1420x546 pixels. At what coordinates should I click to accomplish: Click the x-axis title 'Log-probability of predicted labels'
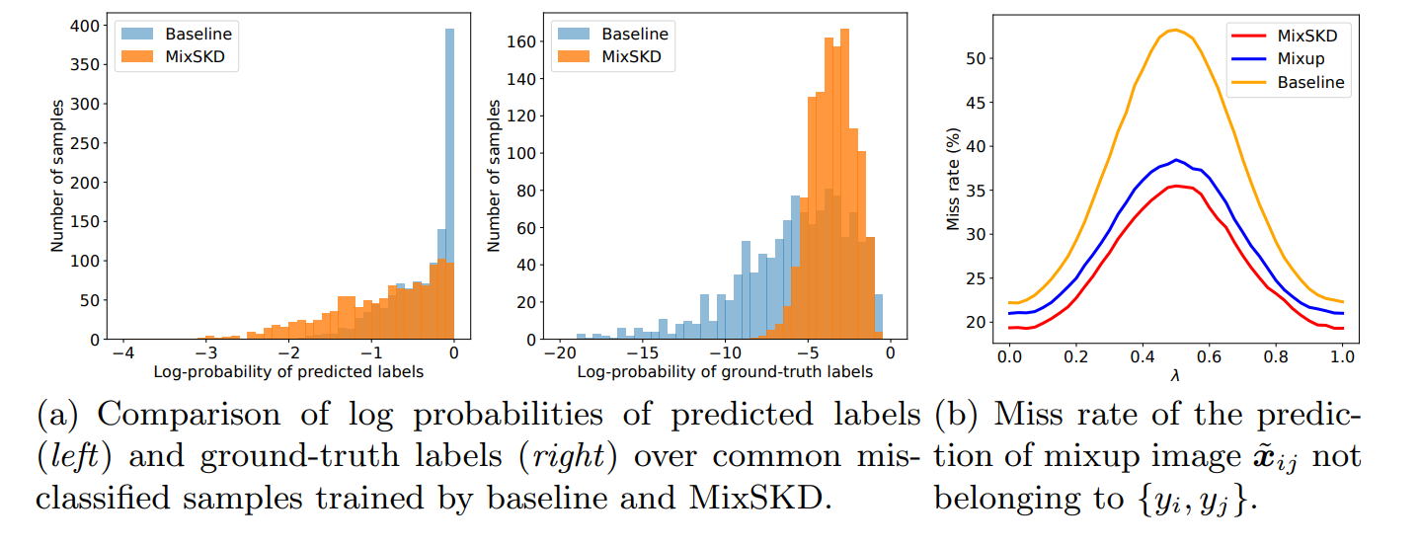coord(287,372)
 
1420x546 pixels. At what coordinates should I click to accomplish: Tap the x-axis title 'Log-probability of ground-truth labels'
coord(725,372)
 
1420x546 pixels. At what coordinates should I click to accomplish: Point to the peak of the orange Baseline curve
coord(1174,30)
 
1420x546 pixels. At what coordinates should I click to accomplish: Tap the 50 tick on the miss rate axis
coord(977,58)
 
